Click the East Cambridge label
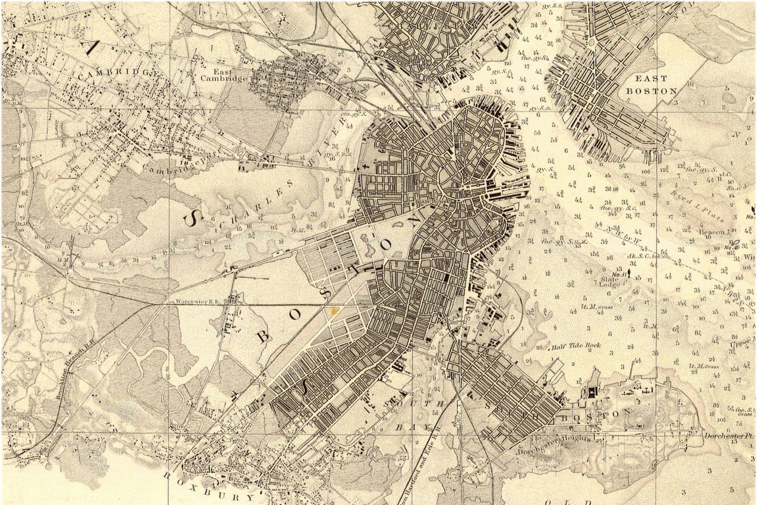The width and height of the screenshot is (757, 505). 224,75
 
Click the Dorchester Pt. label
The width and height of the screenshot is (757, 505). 729,436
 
